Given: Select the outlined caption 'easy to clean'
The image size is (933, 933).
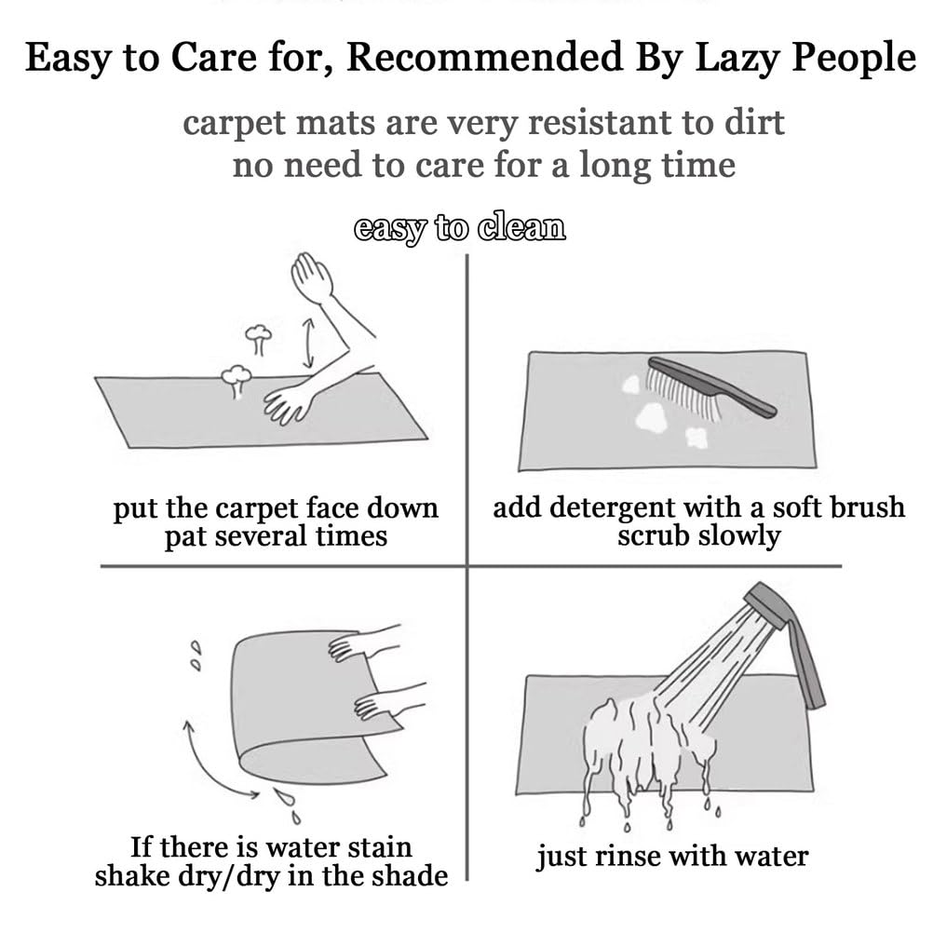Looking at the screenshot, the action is click(459, 228).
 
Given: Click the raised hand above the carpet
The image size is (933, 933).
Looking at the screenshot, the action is click(311, 277).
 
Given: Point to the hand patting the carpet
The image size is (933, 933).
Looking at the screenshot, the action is click(288, 403).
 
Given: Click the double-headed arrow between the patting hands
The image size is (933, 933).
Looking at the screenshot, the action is click(308, 343).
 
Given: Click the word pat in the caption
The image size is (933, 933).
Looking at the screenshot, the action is click(184, 537).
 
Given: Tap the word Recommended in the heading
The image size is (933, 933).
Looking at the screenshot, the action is click(485, 59).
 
